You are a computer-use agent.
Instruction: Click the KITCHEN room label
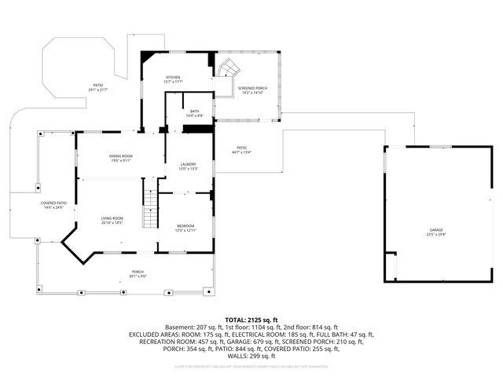[174, 77]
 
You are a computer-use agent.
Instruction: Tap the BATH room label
[195, 112]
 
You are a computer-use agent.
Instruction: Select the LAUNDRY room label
[188, 164]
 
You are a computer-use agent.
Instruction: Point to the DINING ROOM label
[121, 156]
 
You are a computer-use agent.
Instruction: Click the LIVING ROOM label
[112, 218]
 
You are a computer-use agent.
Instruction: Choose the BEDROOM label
[185, 226]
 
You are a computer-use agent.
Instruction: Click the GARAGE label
[435, 229]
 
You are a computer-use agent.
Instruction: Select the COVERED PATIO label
[54, 203]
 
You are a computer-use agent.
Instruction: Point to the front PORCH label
[138, 271]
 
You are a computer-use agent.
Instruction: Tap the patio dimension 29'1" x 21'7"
[98, 90]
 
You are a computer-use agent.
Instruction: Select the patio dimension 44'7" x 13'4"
[242, 152]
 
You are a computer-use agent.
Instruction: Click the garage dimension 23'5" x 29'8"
[435, 235]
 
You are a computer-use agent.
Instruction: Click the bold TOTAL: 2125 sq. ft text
[251, 320]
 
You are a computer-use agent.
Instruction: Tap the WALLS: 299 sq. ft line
[251, 356]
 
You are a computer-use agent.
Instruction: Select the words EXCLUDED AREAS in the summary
[155, 335]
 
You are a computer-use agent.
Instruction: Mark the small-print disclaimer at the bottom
[251, 366]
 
